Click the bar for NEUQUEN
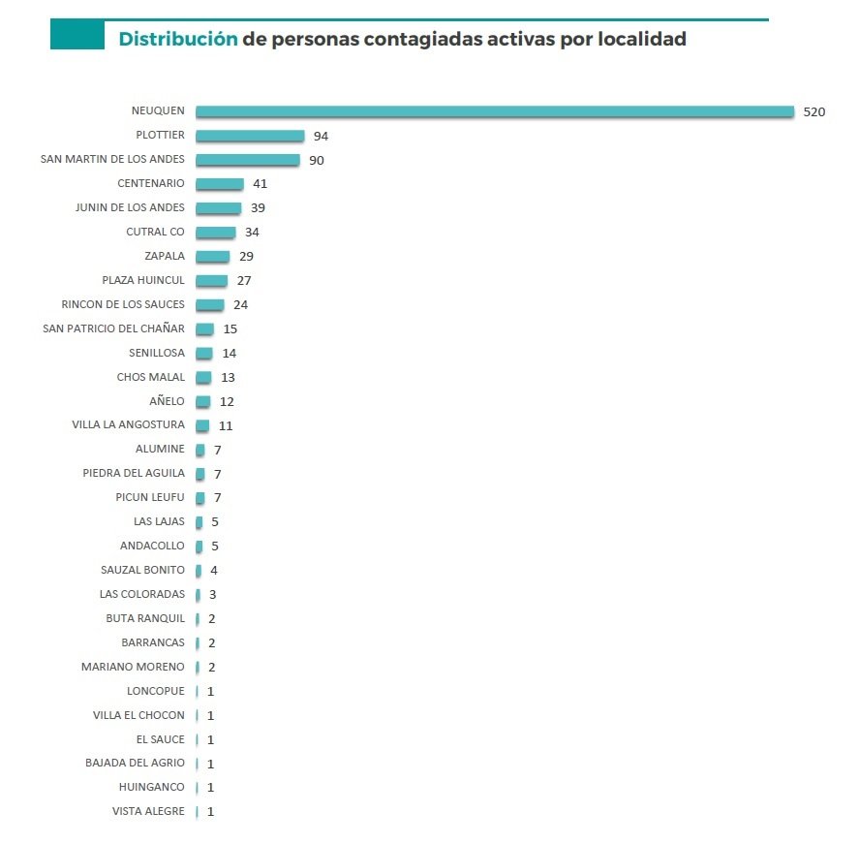coord(494,111)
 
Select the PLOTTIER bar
coord(250,136)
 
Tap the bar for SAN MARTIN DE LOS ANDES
coord(248,160)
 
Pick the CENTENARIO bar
coord(220,184)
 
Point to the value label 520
coord(813,111)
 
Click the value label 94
coord(321,136)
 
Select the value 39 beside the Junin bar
coord(257,208)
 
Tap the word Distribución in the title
coord(177,40)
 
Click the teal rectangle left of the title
coord(77,36)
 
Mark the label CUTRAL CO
coord(155,233)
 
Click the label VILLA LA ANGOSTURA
coord(128,425)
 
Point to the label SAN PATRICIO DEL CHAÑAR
coord(113,328)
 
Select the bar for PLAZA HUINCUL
coord(211,281)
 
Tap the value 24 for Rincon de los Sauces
coord(241,305)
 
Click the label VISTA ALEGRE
coord(148,811)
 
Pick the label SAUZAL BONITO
coord(142,570)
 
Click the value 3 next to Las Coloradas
coord(212,594)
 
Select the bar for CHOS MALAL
coord(203,377)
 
